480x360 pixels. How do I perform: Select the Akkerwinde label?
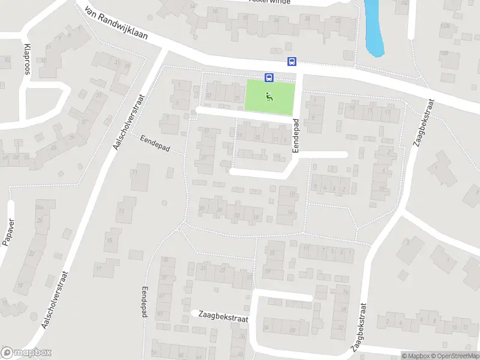(269, 2)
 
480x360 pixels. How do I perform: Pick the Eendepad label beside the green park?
(296, 134)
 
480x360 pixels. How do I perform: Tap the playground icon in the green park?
(269, 95)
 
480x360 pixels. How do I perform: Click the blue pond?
(374, 27)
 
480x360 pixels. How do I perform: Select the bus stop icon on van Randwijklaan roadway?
(292, 61)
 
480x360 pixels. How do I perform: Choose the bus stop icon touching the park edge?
(269, 77)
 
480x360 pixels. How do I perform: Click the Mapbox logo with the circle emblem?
(26, 353)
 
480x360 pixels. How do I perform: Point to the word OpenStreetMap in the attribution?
(454, 356)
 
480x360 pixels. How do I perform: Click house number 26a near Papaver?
(40, 207)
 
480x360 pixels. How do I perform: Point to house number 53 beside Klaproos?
(7, 61)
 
